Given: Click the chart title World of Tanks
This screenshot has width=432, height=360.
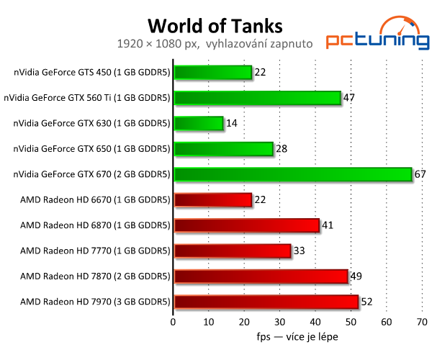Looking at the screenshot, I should [x=215, y=25].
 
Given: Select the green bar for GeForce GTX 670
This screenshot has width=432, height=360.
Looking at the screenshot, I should [x=292, y=174].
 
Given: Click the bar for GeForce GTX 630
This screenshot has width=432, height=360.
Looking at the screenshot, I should [x=199, y=123].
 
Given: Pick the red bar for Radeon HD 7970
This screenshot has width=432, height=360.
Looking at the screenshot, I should [x=266, y=301].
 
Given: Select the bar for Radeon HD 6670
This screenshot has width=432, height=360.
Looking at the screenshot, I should [x=212, y=199].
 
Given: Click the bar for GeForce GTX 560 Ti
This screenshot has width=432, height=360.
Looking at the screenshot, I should [x=257, y=98].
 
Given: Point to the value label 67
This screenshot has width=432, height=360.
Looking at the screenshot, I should [x=420, y=174].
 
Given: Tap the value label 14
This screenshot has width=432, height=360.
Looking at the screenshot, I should [x=231, y=123].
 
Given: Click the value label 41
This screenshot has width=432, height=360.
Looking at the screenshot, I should [x=327, y=225].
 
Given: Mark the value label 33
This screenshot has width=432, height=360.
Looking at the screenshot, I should [x=299, y=251].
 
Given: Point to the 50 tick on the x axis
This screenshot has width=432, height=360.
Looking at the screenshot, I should [x=351, y=322].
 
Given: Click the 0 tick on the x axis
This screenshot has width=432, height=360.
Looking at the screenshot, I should [x=174, y=322].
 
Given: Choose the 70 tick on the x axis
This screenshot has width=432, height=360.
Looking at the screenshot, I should [x=422, y=322].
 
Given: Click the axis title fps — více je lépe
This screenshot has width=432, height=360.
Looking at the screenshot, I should [x=297, y=336].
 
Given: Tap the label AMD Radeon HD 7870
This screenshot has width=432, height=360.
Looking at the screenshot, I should [x=96, y=276].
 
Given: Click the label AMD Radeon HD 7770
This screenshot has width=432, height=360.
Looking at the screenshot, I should [x=96, y=251].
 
